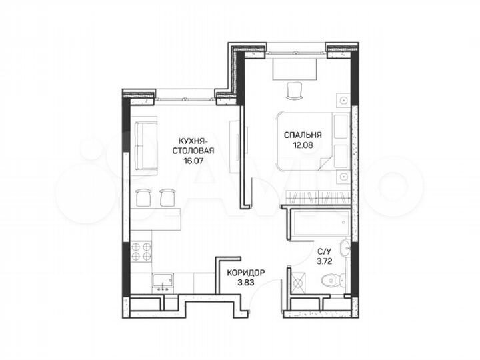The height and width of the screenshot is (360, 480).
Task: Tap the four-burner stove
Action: [142, 252]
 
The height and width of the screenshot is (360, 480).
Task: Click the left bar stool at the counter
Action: [142, 197]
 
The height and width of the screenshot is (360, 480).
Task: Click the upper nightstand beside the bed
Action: [341, 101]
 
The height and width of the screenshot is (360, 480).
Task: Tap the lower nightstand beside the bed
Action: [341, 177]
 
